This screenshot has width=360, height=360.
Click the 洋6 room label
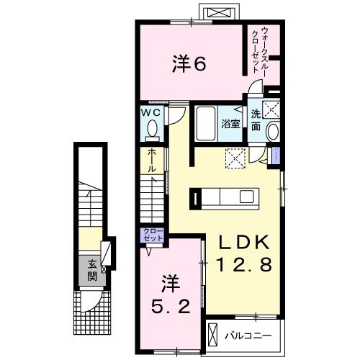tap(189, 64)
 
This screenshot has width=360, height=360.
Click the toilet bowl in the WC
tap(152, 130)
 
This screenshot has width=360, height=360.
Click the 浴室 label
tap(230, 123)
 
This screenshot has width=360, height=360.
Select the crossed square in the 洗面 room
tap(271, 110)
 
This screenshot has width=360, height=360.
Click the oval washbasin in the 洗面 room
tap(272, 132)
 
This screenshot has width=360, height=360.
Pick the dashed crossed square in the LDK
tap(235, 157)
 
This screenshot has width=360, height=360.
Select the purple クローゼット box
tap(153, 235)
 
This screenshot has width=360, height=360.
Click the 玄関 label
tap(91, 269)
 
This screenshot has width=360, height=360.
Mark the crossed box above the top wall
tap(218, 12)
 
